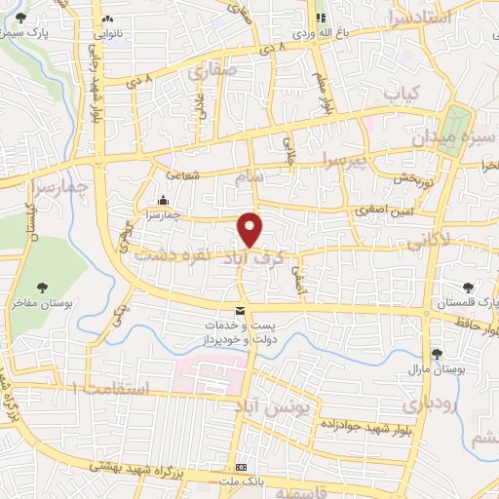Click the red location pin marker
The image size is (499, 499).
(251, 229)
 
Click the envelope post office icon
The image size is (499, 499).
(240, 310)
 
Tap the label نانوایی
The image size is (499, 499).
(108, 33)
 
